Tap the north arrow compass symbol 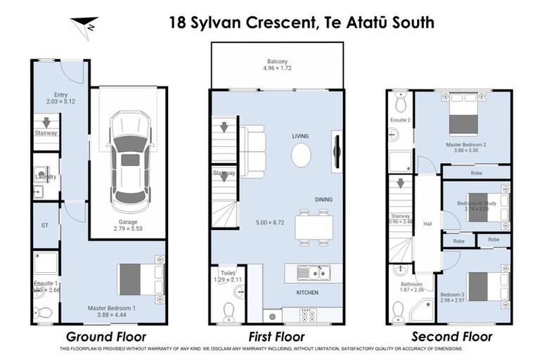[x=85, y=27]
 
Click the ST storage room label [x=45, y=226]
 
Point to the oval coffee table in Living [x=301, y=155]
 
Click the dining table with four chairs [x=314, y=227]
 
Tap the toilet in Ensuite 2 [x=401, y=104]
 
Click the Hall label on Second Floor [x=427, y=224]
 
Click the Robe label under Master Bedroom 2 [x=476, y=172]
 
